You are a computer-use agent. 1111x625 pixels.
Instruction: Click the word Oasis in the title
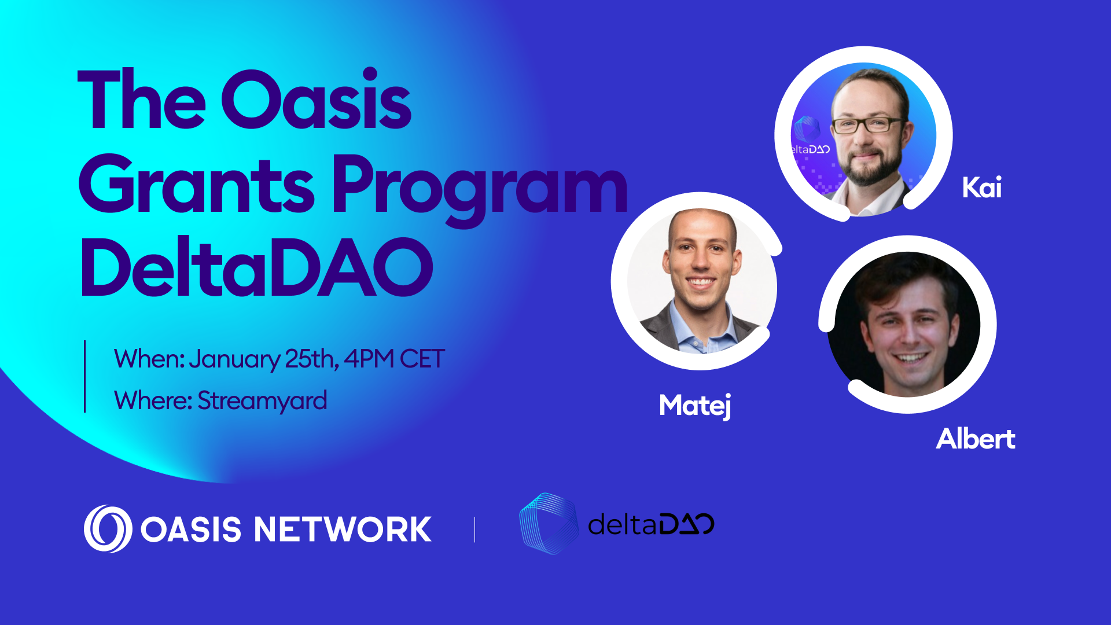pyautogui.click(x=316, y=99)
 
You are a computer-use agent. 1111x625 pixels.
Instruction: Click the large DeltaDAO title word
pyautogui.click(x=256, y=267)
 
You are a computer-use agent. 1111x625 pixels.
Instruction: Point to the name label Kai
pyautogui.click(x=981, y=187)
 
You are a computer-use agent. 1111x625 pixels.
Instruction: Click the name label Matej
pyautogui.click(x=695, y=406)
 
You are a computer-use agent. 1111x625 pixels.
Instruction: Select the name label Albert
pyautogui.click(x=976, y=439)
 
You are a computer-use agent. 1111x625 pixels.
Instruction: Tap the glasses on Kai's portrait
pyautogui.click(x=867, y=124)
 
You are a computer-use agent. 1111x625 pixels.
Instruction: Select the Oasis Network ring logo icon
pyautogui.click(x=108, y=529)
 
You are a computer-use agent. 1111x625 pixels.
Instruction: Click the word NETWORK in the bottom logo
pyautogui.click(x=343, y=529)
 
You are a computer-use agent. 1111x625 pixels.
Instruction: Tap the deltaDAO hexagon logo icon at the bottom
pyautogui.click(x=549, y=524)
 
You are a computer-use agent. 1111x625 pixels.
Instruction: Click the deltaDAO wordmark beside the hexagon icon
pyautogui.click(x=651, y=524)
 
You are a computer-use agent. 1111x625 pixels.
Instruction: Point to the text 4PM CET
pyautogui.click(x=394, y=359)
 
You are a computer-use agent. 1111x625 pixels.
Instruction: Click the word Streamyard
pyautogui.click(x=262, y=401)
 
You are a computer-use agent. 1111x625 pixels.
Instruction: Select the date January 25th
pyautogui.click(x=264, y=359)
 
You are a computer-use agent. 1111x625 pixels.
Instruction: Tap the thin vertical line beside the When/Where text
pyautogui.click(x=85, y=376)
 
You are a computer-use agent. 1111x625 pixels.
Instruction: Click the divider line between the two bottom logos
pyautogui.click(x=474, y=530)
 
